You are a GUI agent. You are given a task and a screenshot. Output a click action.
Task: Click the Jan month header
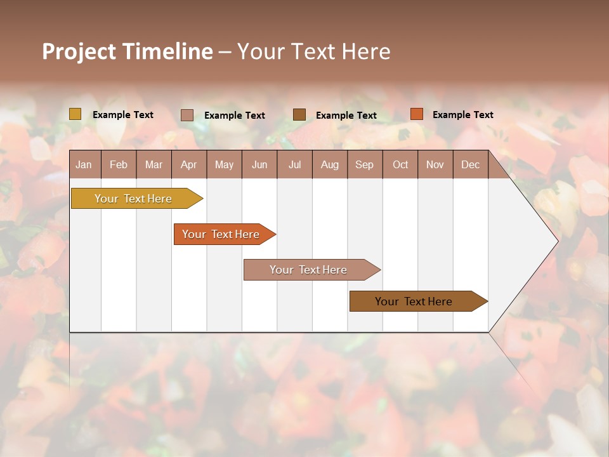pos(84,164)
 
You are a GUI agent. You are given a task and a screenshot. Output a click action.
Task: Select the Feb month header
pos(119,164)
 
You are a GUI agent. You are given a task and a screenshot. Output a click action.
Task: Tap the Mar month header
pos(154,164)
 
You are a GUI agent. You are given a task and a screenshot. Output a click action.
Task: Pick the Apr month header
pos(189,164)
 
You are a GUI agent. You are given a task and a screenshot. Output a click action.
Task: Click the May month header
pos(224,164)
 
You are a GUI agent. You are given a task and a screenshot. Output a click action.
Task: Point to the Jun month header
pos(259,164)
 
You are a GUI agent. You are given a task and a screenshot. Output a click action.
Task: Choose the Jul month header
pos(294,164)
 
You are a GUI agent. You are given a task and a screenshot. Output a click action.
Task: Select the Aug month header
pos(330,164)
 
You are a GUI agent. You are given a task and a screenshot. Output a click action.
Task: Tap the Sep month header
pos(365,164)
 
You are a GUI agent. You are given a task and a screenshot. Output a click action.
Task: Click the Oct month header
pos(400,164)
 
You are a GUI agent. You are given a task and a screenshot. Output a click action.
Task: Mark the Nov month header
pos(435,164)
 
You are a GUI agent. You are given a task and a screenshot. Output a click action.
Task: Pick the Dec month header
pos(471,164)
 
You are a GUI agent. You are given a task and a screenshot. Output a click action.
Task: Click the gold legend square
pos(75,114)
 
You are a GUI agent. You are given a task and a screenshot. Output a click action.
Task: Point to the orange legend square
pos(416,114)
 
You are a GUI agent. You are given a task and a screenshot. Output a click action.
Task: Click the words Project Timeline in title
pos(128,51)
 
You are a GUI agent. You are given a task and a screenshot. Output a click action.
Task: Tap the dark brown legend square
pos(299,115)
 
